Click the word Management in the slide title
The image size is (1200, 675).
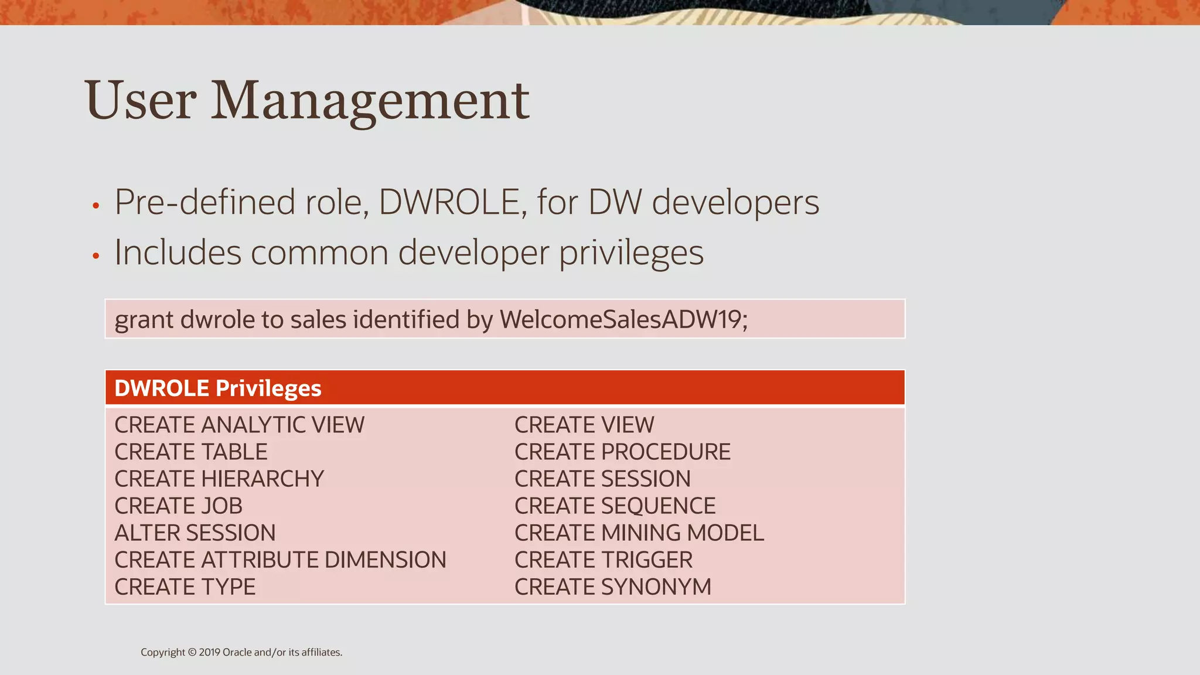[370, 101]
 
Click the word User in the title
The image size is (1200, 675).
[141, 101]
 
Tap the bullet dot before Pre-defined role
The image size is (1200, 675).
[96, 206]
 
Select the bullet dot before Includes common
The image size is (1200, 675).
[96, 255]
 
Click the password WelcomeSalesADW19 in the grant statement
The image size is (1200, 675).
[623, 320]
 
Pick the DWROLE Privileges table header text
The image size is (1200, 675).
[218, 388]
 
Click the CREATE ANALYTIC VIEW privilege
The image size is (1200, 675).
[240, 425]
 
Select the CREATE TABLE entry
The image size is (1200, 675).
[191, 452]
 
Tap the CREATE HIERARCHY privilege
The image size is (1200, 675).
[219, 479]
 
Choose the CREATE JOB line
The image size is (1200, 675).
[178, 506]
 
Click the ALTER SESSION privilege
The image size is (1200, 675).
[195, 533]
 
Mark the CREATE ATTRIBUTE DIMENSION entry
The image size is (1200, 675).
[280, 560]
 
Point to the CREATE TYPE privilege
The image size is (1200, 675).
[185, 587]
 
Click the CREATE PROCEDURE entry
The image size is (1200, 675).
[622, 452]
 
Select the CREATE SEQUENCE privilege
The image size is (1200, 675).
[615, 506]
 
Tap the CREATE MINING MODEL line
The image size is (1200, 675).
[639, 533]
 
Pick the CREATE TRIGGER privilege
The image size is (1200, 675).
[604, 560]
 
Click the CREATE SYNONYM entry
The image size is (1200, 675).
[613, 587]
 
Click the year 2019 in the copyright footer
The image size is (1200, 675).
[209, 652]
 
